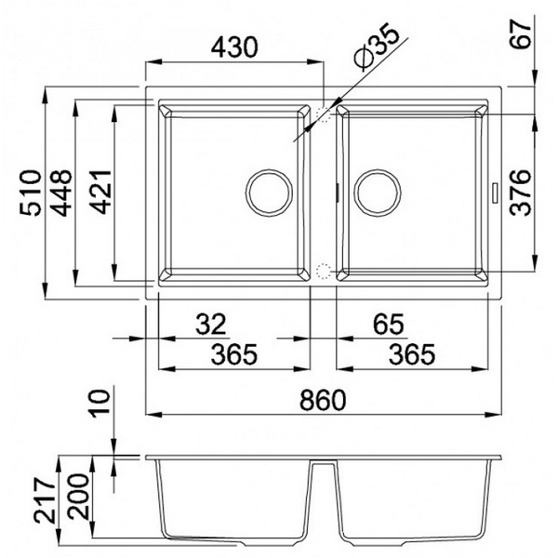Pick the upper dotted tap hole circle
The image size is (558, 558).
[324, 113]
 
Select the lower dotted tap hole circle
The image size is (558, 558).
[323, 272]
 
